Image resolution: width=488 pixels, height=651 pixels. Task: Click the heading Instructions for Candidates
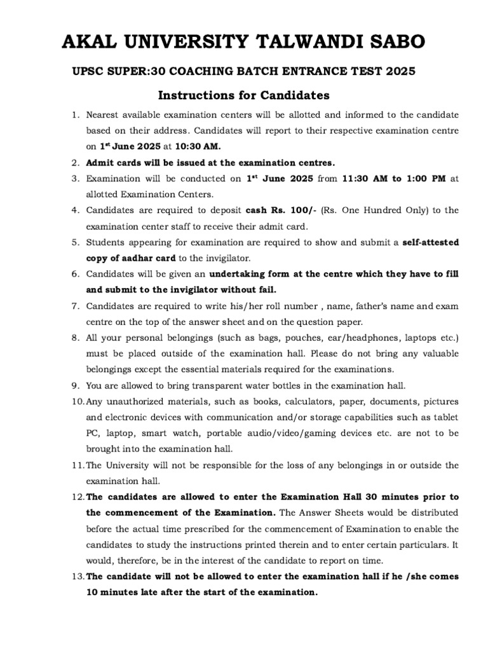point(243,96)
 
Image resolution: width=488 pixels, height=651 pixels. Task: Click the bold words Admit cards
point(114,162)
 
